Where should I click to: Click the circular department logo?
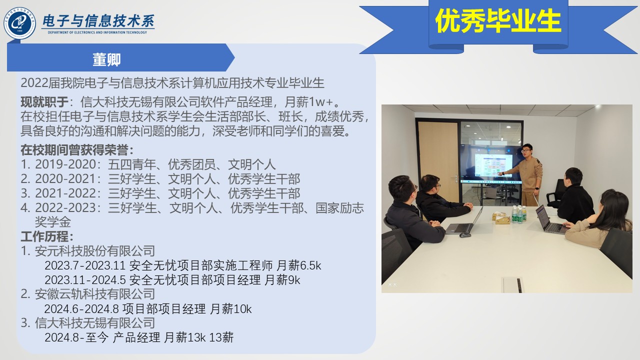click(x=19, y=23)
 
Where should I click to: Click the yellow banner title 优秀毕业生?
click(x=498, y=20)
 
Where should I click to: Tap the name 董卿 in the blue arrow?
click(x=106, y=59)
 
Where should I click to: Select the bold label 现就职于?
click(x=44, y=101)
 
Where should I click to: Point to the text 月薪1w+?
click(x=309, y=101)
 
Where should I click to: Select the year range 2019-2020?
click(x=65, y=164)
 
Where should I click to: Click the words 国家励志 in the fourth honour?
click(x=339, y=208)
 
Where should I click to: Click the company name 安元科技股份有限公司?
click(x=95, y=251)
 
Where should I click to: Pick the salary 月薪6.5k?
click(x=299, y=265)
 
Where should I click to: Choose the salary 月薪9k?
click(x=282, y=280)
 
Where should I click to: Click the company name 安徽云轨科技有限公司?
click(x=95, y=294)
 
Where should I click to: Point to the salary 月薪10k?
click(x=231, y=309)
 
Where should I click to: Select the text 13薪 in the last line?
click(x=221, y=337)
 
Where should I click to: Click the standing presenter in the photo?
click(x=528, y=175)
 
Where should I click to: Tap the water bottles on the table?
click(x=519, y=214)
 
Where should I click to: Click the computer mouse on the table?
click(x=465, y=235)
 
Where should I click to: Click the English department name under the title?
click(x=97, y=32)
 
